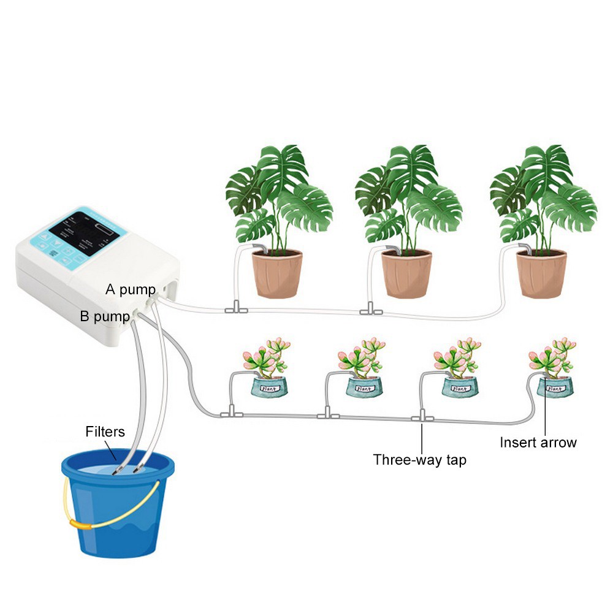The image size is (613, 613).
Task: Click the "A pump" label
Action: coord(130,289)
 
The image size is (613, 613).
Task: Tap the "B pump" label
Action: coord(104,316)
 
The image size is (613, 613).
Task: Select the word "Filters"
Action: coord(105,432)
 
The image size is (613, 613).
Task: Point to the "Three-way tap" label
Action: coord(419,459)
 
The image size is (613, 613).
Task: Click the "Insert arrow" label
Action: coord(538,442)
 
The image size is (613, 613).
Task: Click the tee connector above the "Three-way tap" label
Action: coord(422,418)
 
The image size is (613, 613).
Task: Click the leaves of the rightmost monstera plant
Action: coord(546,190)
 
